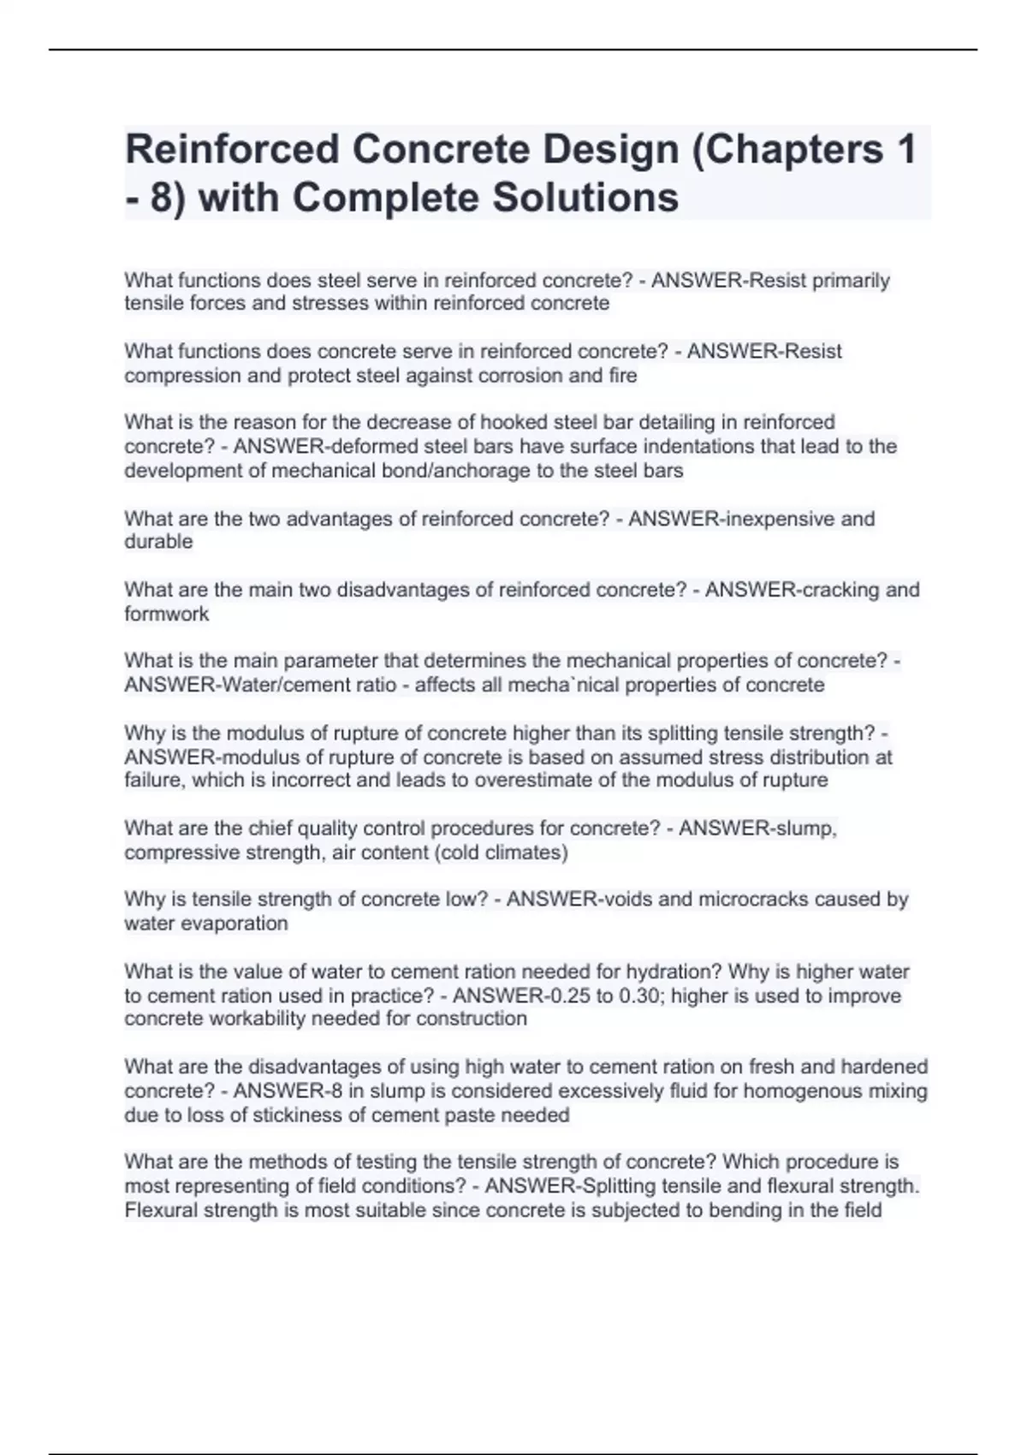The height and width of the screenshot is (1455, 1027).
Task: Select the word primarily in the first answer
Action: click(x=850, y=281)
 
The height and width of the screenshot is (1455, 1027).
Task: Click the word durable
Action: click(x=158, y=542)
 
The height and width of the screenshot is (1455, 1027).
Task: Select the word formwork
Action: click(x=166, y=614)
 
